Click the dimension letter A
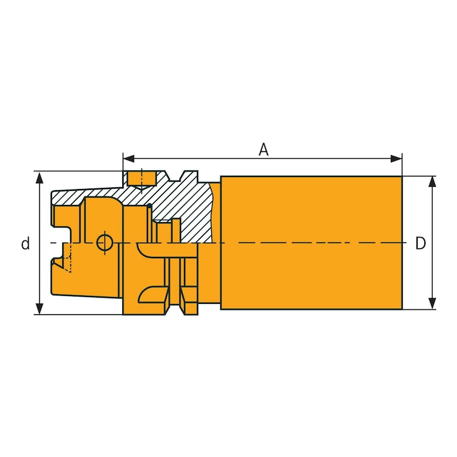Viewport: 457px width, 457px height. pyautogui.click(x=263, y=149)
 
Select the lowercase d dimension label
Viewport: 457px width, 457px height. pyautogui.click(x=25, y=244)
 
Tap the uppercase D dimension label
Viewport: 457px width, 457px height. pyautogui.click(x=420, y=244)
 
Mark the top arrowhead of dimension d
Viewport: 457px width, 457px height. pyautogui.click(x=39, y=177)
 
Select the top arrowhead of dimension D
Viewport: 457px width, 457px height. pyautogui.click(x=432, y=182)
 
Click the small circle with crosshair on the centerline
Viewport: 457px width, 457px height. pyautogui.click(x=104, y=243)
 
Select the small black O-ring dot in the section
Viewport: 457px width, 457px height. pyautogui.click(x=149, y=206)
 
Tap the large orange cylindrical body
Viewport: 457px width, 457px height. pyautogui.click(x=311, y=243)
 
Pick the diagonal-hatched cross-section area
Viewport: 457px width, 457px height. pyautogui.click(x=171, y=200)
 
